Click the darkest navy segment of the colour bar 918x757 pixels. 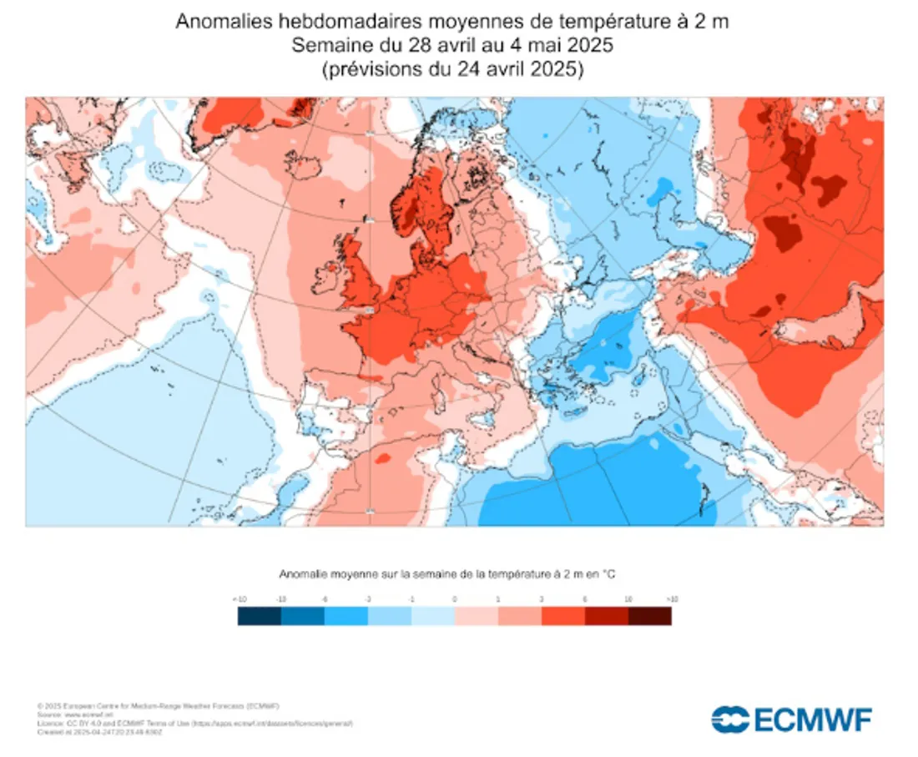pos(259,616)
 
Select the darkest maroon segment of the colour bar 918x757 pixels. pos(649,616)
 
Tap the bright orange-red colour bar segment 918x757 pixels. pos(562,616)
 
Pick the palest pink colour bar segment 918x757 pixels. pos(476,616)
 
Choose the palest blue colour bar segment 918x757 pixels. pos(432,616)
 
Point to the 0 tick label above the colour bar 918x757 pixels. pos(455,598)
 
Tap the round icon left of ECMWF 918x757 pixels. pos(730,719)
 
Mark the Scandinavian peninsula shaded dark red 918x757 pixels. pos(417,200)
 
